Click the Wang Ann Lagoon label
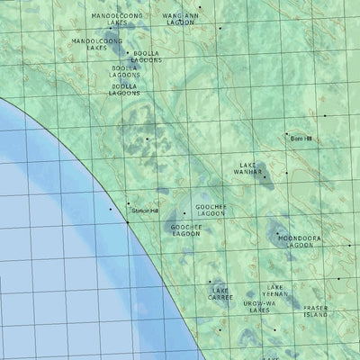tap(179, 19)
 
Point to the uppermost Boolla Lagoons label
tap(146, 57)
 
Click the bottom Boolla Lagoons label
tap(124, 90)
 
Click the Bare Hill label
tap(301, 139)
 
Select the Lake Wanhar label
tap(246, 167)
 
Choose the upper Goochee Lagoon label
tap(211, 211)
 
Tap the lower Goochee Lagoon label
tap(185, 231)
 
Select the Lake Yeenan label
tap(276, 292)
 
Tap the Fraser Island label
tap(316, 312)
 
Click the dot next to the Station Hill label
tap(129, 203)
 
